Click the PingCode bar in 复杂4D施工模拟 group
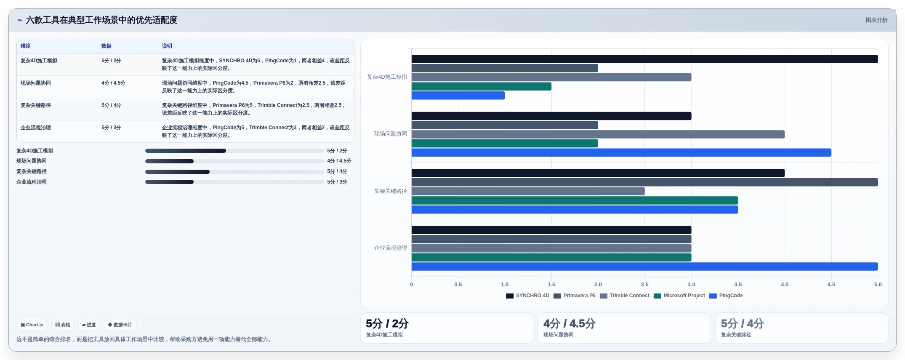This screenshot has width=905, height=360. click(458, 96)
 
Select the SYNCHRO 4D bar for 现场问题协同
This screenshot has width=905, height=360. click(551, 116)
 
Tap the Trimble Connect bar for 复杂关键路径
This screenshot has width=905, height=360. click(528, 191)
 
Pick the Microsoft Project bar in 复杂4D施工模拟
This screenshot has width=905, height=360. click(482, 86)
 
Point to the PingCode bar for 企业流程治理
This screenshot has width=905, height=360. click(644, 267)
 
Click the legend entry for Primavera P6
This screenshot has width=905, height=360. click(575, 296)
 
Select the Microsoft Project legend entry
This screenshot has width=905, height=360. click(679, 296)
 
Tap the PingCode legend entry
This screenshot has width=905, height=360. click(726, 296)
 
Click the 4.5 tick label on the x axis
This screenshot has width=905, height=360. click(831, 285)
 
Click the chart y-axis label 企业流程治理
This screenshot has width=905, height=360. click(390, 248)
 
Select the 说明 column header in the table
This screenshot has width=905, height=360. click(167, 46)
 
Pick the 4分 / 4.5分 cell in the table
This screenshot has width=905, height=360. click(113, 83)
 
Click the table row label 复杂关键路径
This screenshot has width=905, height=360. click(36, 105)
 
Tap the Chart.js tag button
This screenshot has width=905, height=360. click(32, 325)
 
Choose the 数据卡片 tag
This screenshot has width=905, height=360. click(120, 325)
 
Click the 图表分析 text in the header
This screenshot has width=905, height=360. click(876, 20)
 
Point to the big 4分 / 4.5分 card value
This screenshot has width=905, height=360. click(569, 323)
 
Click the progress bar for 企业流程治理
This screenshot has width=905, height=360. click(234, 182)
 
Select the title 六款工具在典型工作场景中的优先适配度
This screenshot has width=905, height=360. click(101, 20)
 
